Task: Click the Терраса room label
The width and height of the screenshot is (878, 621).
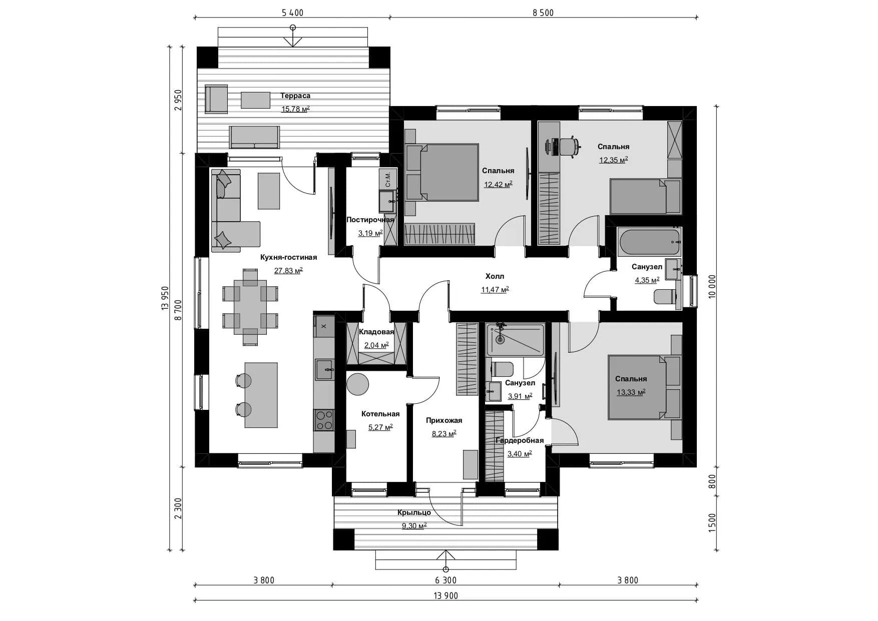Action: (295, 96)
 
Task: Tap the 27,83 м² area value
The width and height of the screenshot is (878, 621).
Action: (288, 271)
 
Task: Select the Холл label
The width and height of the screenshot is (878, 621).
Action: (495, 276)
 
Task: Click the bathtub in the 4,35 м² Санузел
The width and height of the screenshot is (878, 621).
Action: (649, 242)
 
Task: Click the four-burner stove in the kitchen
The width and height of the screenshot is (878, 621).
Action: (324, 420)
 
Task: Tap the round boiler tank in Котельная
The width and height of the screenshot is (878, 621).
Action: (358, 384)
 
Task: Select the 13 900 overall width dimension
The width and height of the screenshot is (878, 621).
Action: (446, 595)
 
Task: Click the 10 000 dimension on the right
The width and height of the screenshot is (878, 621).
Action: (712, 286)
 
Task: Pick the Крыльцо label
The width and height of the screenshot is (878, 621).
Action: (414, 512)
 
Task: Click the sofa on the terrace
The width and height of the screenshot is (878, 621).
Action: (254, 137)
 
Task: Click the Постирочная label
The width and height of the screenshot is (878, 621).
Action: (370, 220)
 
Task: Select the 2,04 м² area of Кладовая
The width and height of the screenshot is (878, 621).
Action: (376, 345)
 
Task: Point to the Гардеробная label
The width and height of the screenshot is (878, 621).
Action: (519, 440)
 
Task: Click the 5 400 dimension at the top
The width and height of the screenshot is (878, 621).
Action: (292, 13)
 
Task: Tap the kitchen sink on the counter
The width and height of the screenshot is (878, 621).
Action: (324, 370)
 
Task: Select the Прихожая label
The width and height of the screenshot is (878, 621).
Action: (444, 420)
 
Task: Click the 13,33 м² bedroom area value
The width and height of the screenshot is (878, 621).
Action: (631, 392)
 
